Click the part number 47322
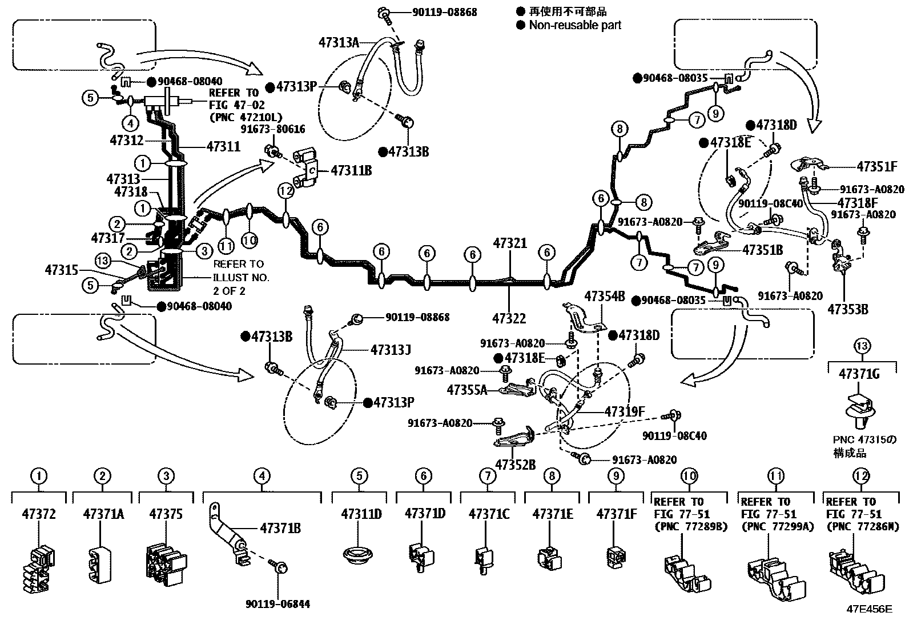(509, 318)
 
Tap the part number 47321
(510, 243)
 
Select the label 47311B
(351, 171)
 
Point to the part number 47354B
(604, 297)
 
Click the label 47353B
(848, 310)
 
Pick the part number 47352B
(516, 465)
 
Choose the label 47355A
(466, 390)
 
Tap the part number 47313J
(391, 350)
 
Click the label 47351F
(877, 166)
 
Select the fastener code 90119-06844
(277, 604)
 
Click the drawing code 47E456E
(869, 609)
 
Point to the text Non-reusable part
(575, 25)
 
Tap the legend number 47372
(39, 514)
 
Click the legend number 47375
(166, 514)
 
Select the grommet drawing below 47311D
(358, 554)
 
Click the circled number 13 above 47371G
(862, 346)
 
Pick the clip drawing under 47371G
(859, 411)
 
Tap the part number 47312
(127, 141)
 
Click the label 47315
(61, 270)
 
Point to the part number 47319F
(625, 412)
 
